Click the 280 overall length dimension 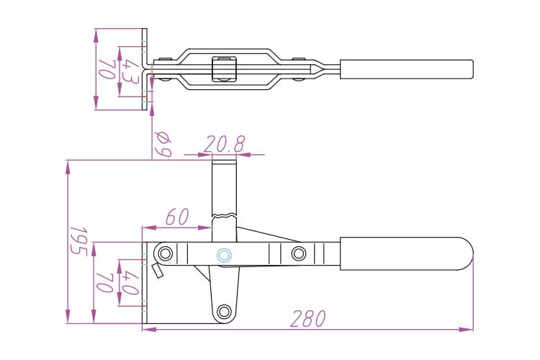click(308, 318)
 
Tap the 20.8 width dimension click(224, 145)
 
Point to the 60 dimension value click(176, 217)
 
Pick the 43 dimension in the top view click(130, 70)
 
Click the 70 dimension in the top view click(107, 70)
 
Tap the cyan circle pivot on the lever click(224, 254)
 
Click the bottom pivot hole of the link click(225, 311)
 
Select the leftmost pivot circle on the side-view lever click(166, 253)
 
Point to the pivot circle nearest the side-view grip click(299, 253)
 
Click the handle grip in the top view click(406, 69)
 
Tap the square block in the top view click(225, 69)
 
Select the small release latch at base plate click(156, 271)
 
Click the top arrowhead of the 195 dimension click(68, 165)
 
